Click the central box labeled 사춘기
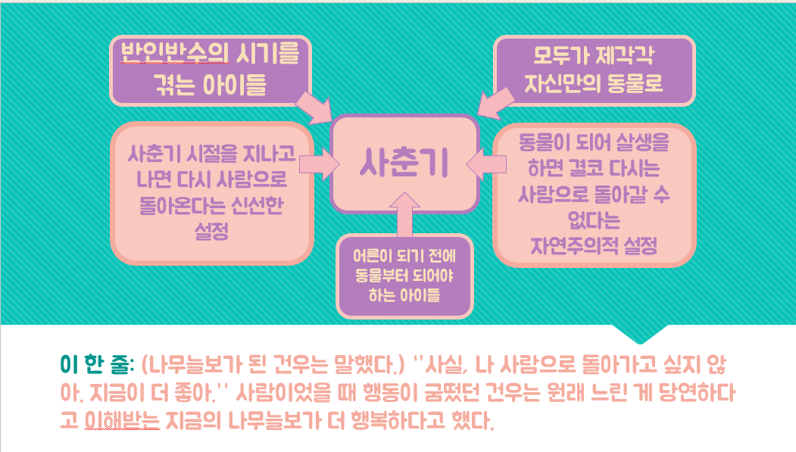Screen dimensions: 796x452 pyautogui.click(x=404, y=163)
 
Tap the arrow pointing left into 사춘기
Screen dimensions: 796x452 pyautogui.click(x=487, y=163)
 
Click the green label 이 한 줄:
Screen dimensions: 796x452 pyautogui.click(x=97, y=364)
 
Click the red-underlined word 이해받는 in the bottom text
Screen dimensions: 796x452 pyautogui.click(x=121, y=420)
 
